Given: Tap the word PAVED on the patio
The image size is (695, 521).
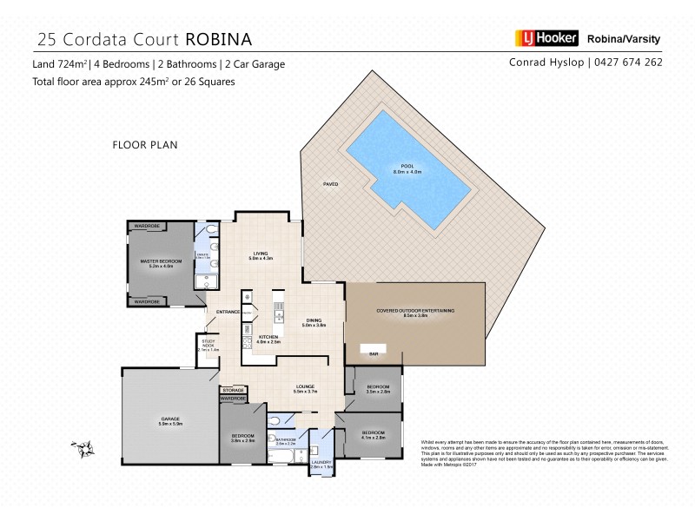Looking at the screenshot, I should coord(330,185).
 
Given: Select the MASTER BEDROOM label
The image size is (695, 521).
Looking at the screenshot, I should coord(161,261).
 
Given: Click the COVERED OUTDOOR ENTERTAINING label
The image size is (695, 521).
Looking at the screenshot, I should coord(415,310).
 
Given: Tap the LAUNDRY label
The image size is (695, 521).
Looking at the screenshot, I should coord(322,463).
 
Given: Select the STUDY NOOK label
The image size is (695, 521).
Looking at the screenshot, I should coord(209,344).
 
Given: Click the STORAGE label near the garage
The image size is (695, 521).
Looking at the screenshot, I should coord(233,391).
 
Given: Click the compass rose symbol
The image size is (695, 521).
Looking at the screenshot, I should coord(85,448).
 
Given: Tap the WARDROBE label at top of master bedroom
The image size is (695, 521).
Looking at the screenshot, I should coord(145,226).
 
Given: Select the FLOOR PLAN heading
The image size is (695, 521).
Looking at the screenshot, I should coord(145,145).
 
